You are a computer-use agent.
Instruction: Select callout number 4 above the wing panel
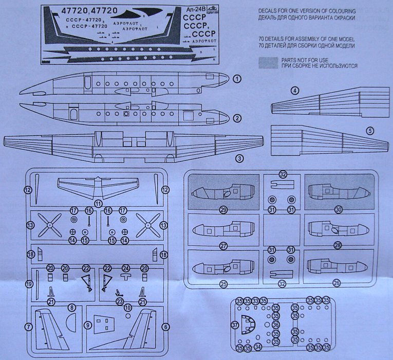click(294, 91)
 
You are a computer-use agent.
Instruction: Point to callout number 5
click(369, 131)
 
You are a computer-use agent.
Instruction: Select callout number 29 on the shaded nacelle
click(223, 210)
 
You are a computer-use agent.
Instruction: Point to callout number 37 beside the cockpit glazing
click(235, 325)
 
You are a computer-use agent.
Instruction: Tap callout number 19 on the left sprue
click(29, 284)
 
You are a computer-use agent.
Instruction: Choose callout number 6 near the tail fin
click(165, 326)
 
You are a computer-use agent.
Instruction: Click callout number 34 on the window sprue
click(257, 348)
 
